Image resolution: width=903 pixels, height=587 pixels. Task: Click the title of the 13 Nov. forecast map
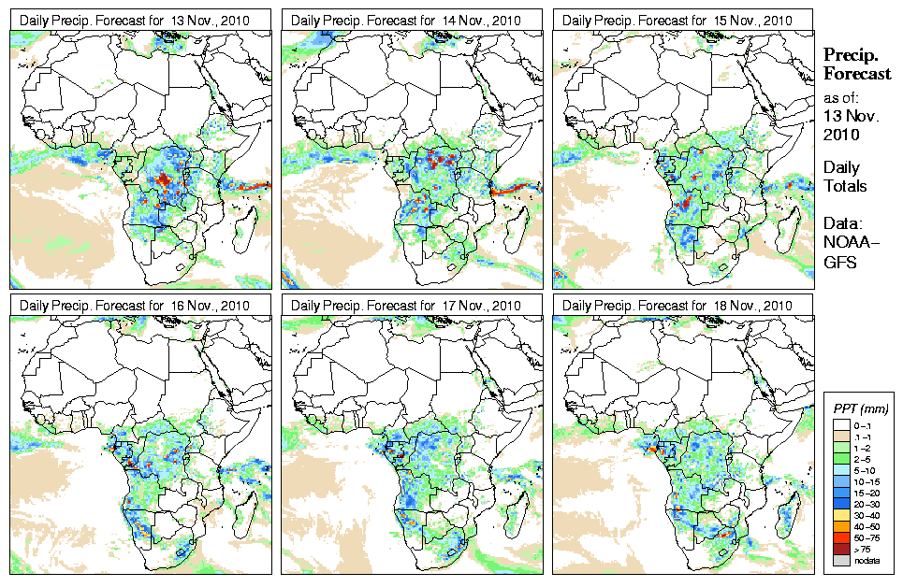[135, 20]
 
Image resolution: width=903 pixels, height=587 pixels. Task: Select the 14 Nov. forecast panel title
[406, 20]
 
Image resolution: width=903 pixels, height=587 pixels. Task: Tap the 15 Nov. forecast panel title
[677, 20]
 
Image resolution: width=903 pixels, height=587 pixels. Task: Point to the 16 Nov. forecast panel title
[135, 306]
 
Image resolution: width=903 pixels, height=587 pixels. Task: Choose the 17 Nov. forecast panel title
[406, 306]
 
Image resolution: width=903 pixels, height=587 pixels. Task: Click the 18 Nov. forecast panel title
[677, 306]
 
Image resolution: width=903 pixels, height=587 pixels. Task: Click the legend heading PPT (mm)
[860, 408]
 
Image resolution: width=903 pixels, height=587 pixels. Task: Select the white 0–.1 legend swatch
[842, 424]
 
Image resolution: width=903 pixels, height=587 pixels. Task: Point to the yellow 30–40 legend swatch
[842, 514]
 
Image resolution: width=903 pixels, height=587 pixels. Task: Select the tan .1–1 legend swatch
[842, 436]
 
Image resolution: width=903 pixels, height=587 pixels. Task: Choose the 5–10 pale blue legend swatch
[842, 469]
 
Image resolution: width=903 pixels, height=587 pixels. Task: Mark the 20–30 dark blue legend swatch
[842, 503]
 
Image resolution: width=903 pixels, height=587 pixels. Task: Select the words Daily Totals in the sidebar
[844, 177]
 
